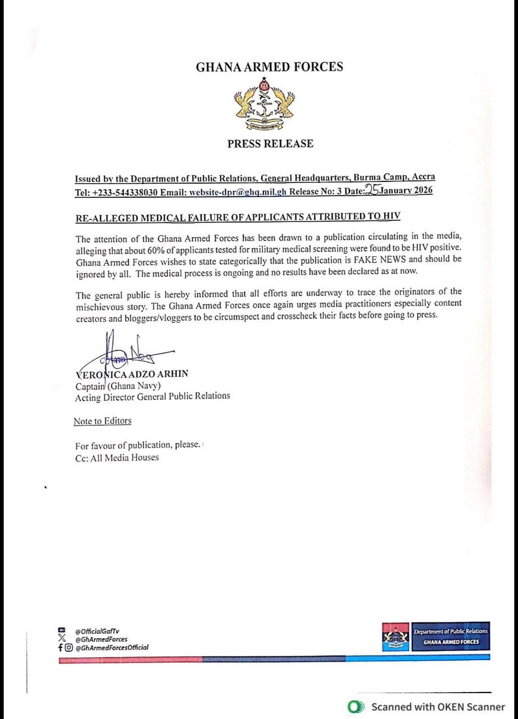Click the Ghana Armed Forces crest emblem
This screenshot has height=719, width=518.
click(265, 104)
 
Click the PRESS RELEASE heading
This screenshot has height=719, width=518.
click(270, 144)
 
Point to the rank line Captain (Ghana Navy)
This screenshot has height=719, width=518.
click(118, 385)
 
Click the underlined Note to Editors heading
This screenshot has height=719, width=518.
click(102, 421)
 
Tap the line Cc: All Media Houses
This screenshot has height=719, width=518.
click(117, 457)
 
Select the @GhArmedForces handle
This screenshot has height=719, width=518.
click(101, 639)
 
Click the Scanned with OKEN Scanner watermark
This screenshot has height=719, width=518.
click(428, 707)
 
